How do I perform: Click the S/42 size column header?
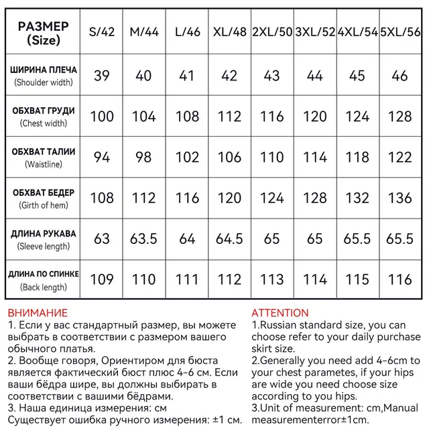(x=102, y=32)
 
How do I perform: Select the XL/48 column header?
(x=229, y=32)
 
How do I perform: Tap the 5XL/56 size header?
(x=400, y=32)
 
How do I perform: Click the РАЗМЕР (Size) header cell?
(x=43, y=32)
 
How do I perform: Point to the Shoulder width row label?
(x=44, y=76)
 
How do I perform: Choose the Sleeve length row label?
(x=44, y=240)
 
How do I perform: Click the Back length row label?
(x=44, y=280)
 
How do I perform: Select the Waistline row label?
(x=44, y=158)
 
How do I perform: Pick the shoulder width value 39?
(x=102, y=76)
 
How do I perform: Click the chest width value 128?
(x=400, y=117)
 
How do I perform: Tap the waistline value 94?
(x=102, y=158)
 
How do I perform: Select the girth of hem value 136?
(x=400, y=198)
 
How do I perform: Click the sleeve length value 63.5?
(x=143, y=239)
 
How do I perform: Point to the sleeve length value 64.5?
(x=229, y=239)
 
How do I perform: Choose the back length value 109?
(x=102, y=280)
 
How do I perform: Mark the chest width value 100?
(x=102, y=117)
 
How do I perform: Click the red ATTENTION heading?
(x=280, y=313)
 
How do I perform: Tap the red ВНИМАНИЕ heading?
(x=38, y=313)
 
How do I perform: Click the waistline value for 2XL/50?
(x=271, y=158)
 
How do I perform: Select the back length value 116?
(x=400, y=280)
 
